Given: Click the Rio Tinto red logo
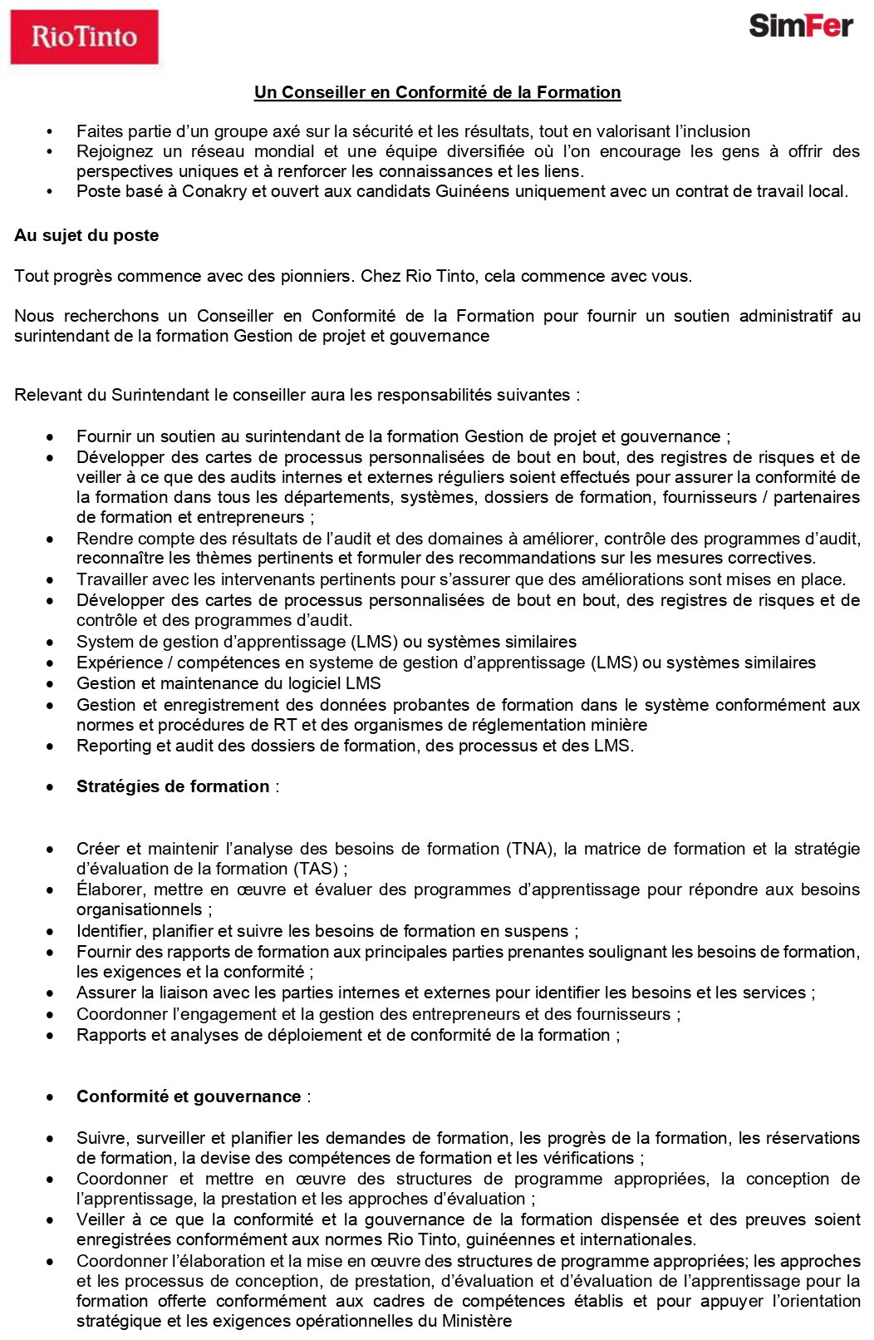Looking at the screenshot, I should [84, 37].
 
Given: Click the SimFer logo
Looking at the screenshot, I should [800, 26].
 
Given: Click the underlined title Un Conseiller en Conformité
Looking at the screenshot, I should [437, 92].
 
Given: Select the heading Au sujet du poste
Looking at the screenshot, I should [86, 235].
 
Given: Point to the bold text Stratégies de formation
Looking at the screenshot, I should [173, 786].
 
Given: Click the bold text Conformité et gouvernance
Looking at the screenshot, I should [189, 1096].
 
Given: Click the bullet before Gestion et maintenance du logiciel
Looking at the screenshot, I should [52, 684].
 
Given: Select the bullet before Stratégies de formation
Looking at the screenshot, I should [52, 787].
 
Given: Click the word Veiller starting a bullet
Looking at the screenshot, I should [101, 1219].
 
